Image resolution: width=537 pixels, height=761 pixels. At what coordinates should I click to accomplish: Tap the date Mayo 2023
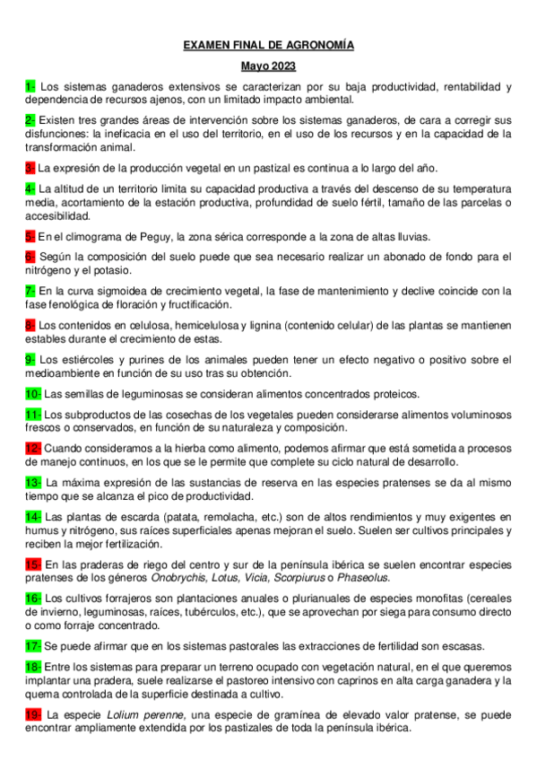pos(269,66)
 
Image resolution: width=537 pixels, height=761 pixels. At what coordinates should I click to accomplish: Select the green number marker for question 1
pos(30,87)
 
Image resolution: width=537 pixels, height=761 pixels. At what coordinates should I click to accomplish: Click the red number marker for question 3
pos(30,168)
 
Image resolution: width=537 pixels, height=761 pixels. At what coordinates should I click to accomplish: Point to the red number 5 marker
pos(30,237)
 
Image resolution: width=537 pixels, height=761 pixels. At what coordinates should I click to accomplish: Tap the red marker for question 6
pos(30,257)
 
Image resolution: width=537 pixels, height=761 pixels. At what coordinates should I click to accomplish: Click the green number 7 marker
pos(30,290)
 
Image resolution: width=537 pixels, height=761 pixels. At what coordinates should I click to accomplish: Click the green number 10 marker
pos(33,393)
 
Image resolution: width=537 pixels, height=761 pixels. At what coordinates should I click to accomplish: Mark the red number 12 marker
pos(33,448)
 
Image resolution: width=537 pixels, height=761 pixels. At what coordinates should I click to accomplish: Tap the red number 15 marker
pos(33,564)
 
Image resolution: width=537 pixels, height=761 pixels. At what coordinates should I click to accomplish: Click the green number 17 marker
pos(33,645)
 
